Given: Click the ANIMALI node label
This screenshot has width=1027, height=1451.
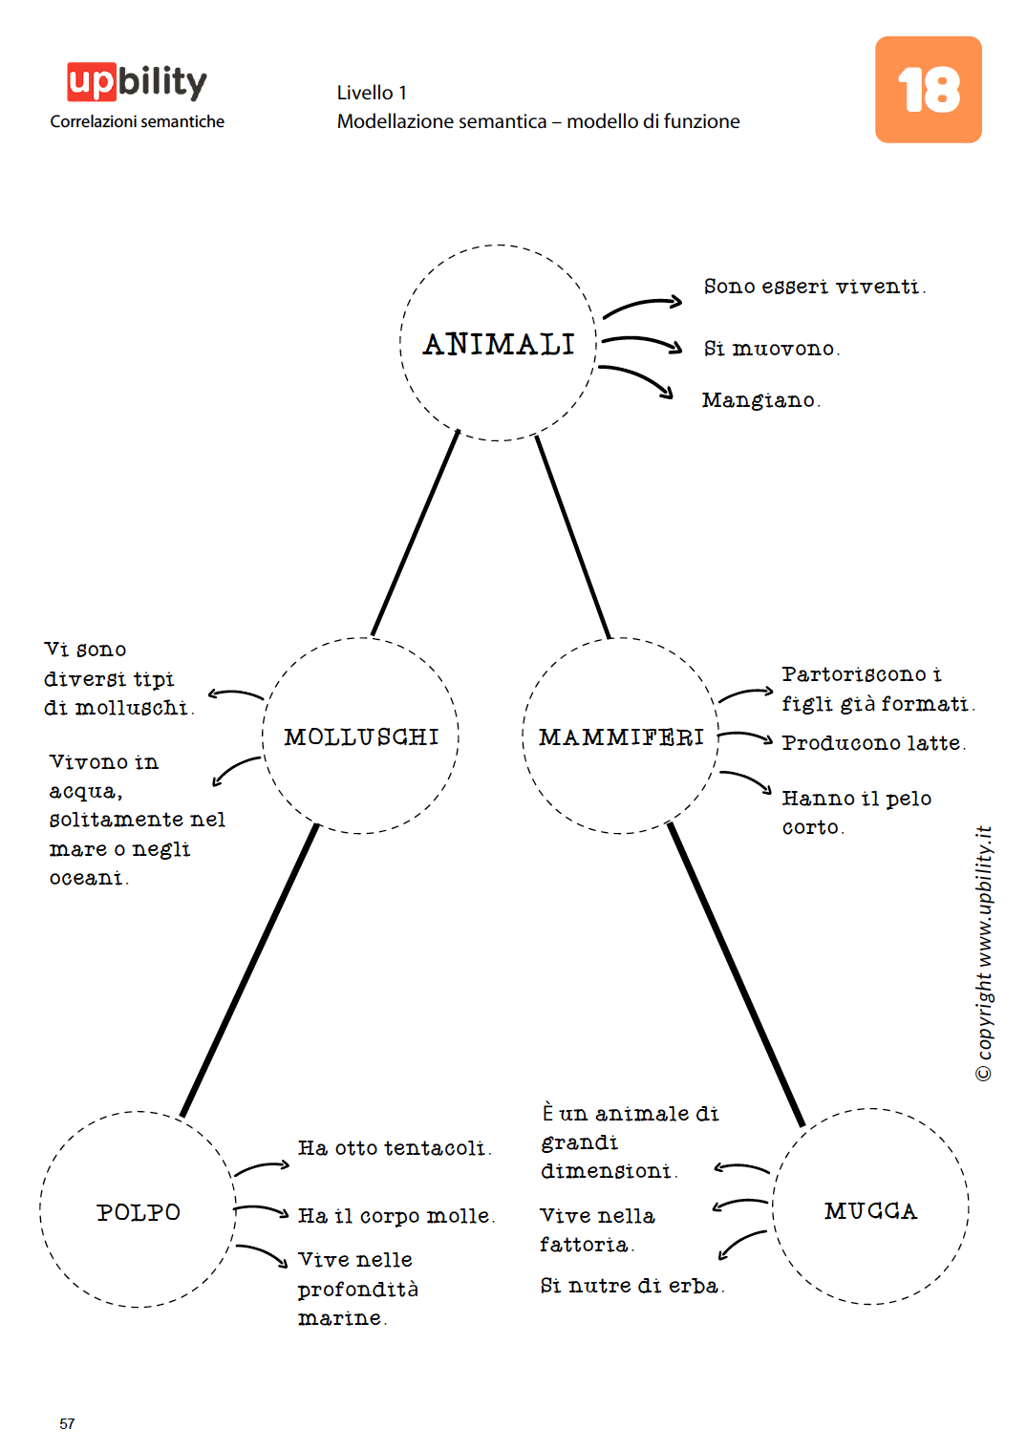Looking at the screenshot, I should [499, 344].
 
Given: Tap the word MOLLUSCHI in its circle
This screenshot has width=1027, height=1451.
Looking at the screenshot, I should [361, 737].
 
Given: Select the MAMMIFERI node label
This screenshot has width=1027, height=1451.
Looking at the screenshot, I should [621, 737].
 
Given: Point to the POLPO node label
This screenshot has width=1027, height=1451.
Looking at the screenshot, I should [139, 1212].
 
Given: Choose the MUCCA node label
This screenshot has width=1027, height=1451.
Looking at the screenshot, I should [870, 1211].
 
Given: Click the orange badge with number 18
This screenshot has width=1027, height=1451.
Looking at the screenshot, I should [928, 90].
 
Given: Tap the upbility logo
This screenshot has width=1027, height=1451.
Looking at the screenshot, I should [137, 82].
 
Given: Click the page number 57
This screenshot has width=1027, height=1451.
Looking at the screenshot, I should [67, 1423].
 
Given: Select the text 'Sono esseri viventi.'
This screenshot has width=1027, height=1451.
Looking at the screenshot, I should [814, 287].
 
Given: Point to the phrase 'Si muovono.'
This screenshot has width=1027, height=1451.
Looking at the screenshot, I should [771, 349].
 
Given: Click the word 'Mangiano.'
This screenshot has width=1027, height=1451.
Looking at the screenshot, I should [760, 400].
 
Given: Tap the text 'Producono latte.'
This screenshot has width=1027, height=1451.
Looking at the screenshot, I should [873, 743].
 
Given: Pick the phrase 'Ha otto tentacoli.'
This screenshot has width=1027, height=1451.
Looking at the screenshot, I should [394, 1148].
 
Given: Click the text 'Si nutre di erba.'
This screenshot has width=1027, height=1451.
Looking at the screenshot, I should [631, 1286].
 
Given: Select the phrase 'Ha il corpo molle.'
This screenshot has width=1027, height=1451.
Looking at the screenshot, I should [396, 1216].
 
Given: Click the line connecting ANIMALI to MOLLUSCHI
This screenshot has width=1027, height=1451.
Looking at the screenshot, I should [416, 533].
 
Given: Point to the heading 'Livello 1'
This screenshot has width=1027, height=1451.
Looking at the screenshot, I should [372, 93].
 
